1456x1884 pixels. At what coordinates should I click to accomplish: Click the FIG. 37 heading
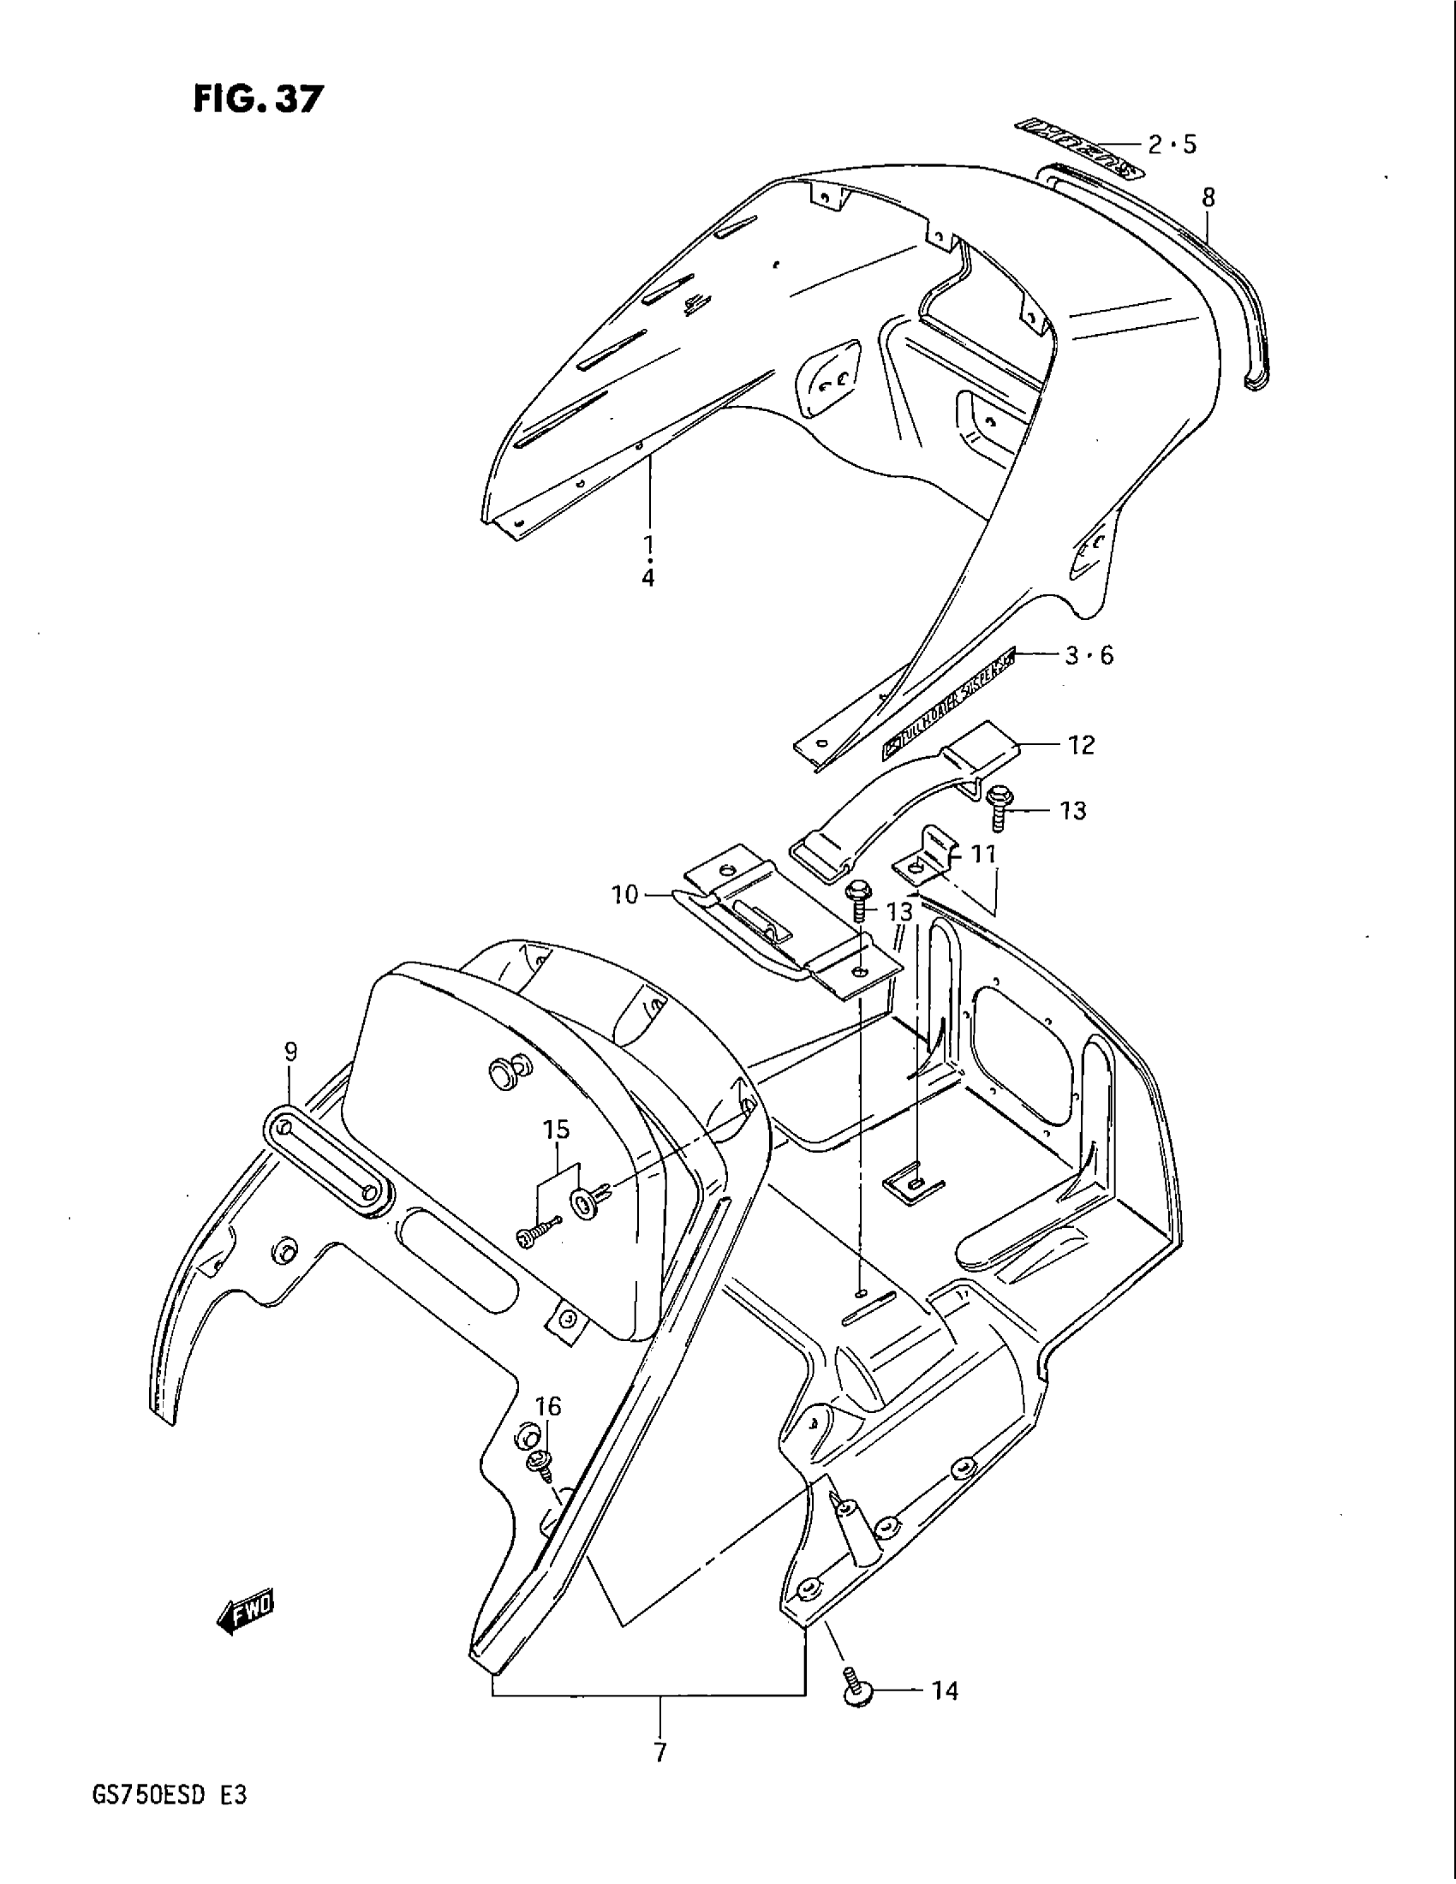click(x=258, y=100)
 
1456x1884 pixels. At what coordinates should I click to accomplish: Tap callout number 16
click(x=548, y=1406)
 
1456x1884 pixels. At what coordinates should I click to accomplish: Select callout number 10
click(x=625, y=896)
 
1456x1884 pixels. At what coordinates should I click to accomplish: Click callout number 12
click(x=1081, y=743)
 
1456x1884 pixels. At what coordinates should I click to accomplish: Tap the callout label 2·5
click(x=1172, y=144)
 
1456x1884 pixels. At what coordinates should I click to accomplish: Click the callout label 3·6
click(x=1089, y=656)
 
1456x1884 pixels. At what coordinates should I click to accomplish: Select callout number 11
click(x=983, y=855)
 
